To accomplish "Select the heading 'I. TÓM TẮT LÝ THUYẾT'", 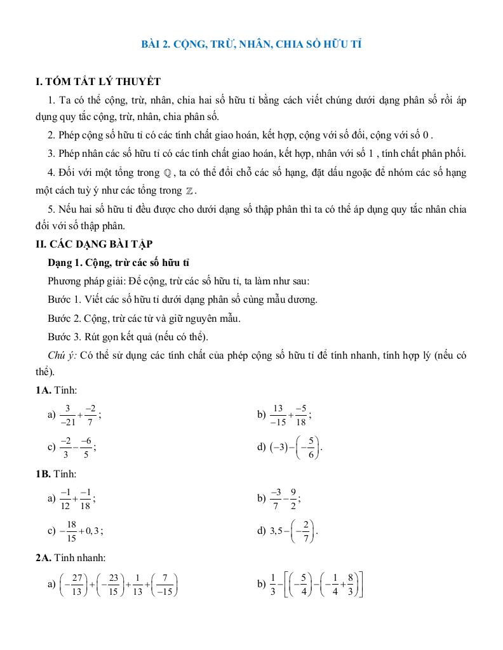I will click(98, 82).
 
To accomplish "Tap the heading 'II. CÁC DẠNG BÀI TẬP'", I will click(94, 244).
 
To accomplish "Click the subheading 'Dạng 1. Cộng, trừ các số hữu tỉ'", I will click(119, 262).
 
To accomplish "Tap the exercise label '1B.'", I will click(44, 474).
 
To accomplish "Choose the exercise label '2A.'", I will click(44, 557).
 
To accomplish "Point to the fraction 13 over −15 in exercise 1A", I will click(278, 415).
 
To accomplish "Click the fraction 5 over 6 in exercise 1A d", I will click(311, 448).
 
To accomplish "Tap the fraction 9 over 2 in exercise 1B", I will click(293, 498).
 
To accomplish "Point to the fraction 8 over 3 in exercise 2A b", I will click(351, 585).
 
